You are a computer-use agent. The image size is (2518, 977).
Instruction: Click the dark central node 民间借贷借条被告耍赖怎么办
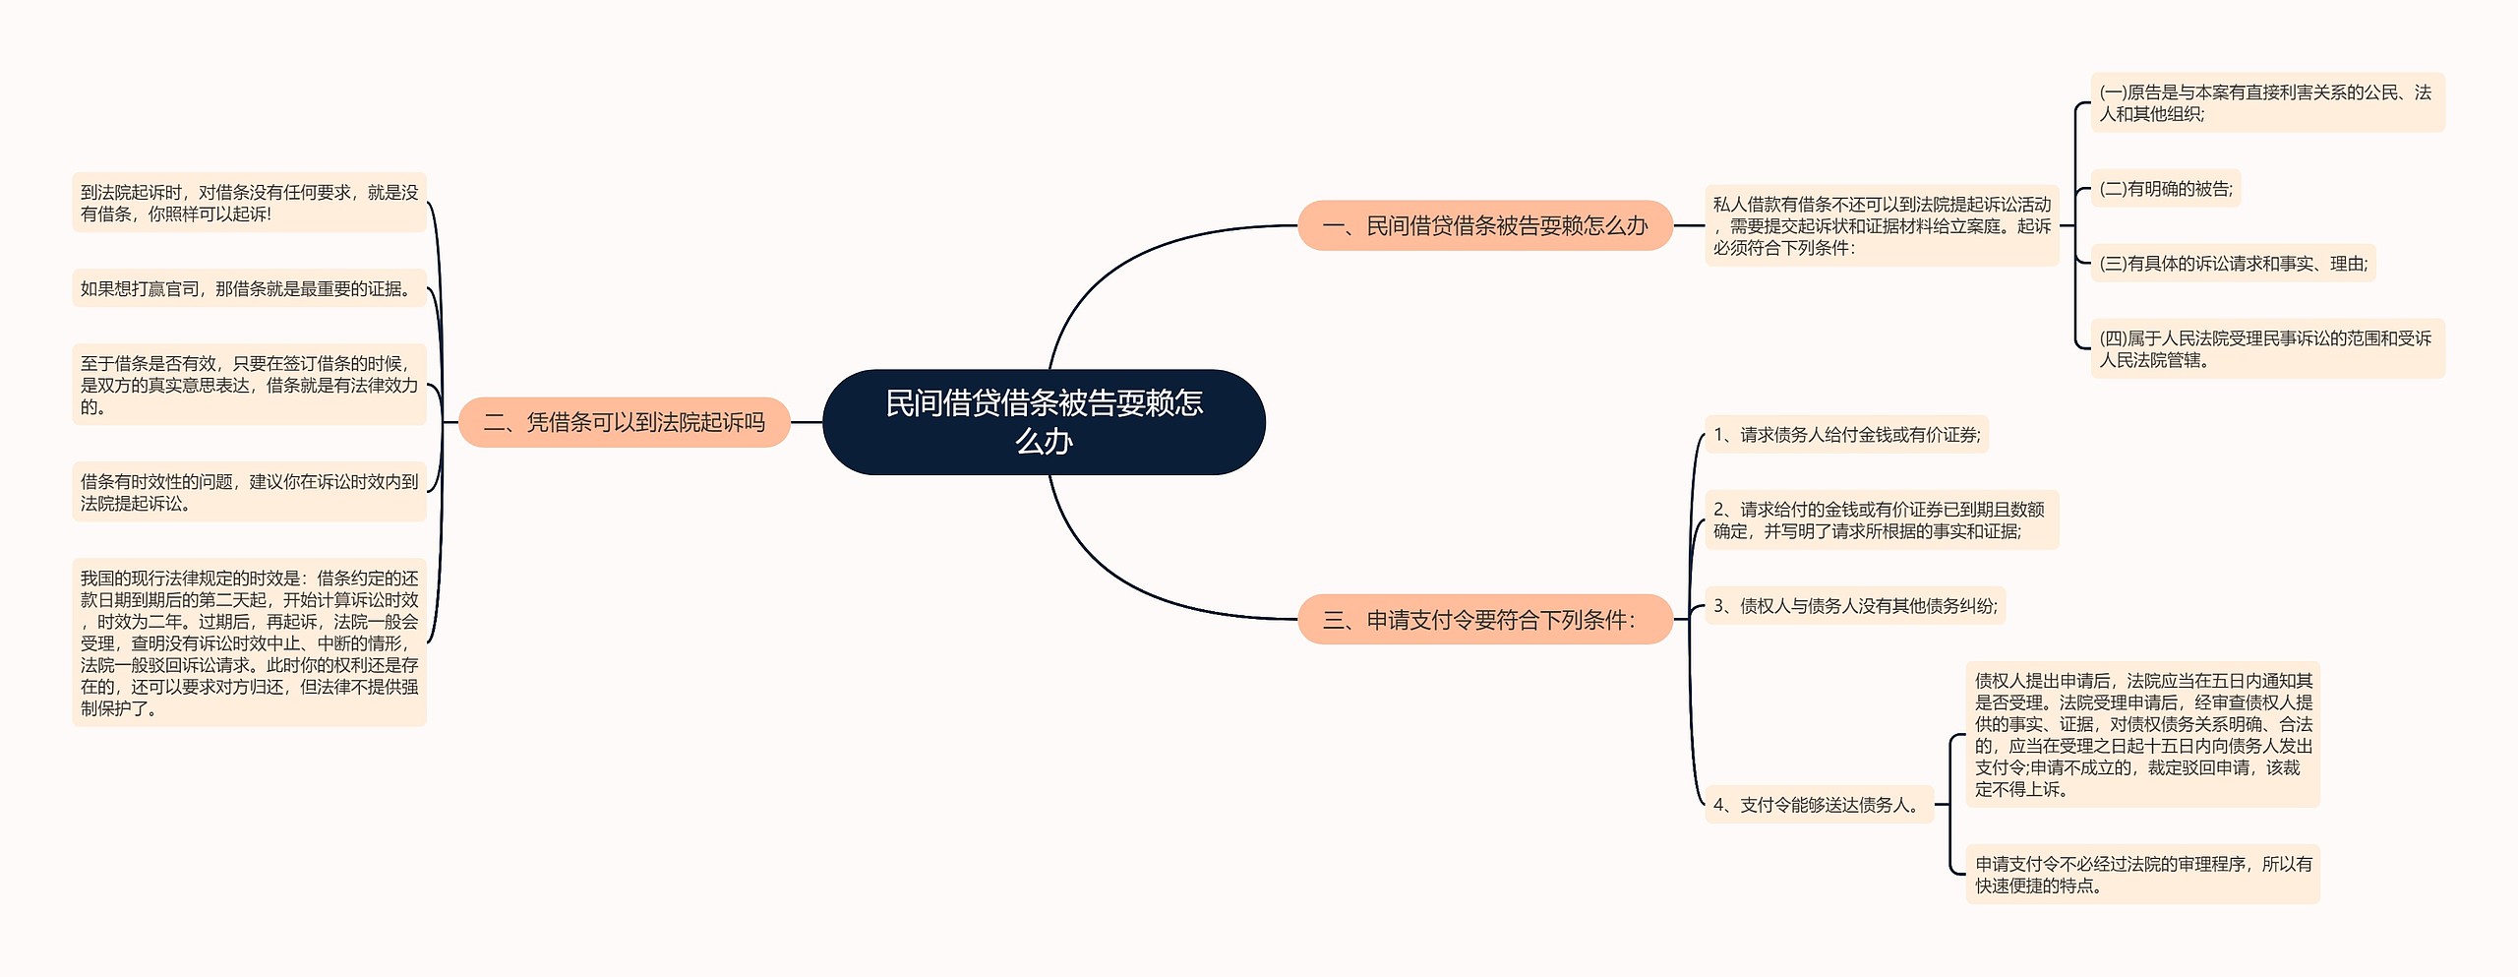pyautogui.click(x=1044, y=422)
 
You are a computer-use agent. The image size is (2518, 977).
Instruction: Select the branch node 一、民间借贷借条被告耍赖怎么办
pyautogui.click(x=1485, y=225)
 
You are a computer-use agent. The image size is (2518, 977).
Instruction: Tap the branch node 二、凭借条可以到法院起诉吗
pyautogui.click(x=625, y=422)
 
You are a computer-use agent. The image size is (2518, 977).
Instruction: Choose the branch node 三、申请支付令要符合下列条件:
pyautogui.click(x=1485, y=619)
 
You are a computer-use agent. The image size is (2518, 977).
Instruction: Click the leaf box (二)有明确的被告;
pyautogui.click(x=2166, y=189)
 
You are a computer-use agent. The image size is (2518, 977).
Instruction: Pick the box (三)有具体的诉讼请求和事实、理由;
pyautogui.click(x=2234, y=264)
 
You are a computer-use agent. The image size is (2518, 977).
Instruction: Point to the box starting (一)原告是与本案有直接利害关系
pyautogui.click(x=2267, y=102)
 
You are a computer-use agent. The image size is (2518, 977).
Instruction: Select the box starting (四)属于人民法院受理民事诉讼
pyautogui.click(x=2267, y=348)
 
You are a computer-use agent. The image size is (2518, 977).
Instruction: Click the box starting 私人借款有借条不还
pyautogui.click(x=1882, y=225)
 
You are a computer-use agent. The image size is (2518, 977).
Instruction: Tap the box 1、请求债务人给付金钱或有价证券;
pyautogui.click(x=1847, y=435)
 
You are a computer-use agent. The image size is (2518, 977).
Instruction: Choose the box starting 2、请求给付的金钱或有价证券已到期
pyautogui.click(x=1882, y=519)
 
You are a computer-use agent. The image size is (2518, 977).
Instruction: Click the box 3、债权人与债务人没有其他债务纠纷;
pyautogui.click(x=1855, y=606)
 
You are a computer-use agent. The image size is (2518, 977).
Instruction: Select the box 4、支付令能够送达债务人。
pyautogui.click(x=1820, y=805)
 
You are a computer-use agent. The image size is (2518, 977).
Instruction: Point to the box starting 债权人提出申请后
pyautogui.click(x=2143, y=734)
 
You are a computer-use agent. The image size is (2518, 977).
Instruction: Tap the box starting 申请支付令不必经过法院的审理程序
pyautogui.click(x=2143, y=874)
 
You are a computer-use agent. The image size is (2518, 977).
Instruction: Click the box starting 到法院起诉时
pyautogui.click(x=249, y=203)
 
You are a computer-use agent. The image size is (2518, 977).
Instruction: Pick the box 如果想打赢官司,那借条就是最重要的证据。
pyautogui.click(x=249, y=288)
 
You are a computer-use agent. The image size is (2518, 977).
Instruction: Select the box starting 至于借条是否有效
pyautogui.click(x=249, y=385)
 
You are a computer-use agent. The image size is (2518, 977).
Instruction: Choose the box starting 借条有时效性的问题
pyautogui.click(x=249, y=492)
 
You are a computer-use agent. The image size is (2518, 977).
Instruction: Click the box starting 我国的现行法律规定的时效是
pyautogui.click(x=249, y=642)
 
